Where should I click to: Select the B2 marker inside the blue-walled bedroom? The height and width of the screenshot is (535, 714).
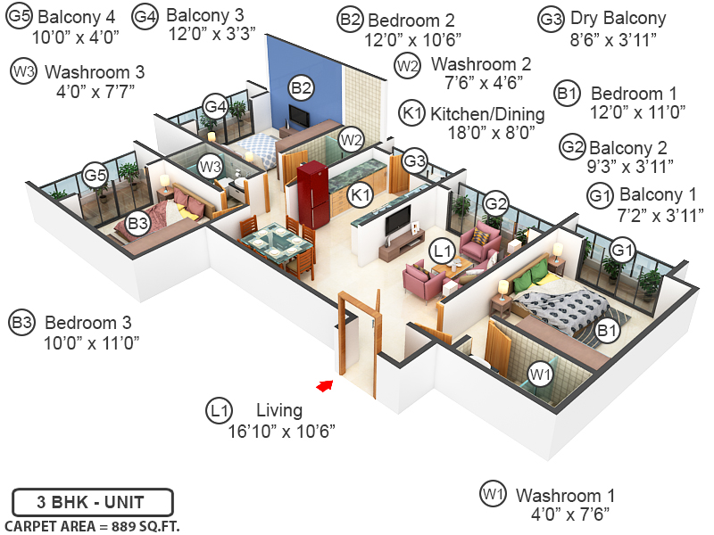[x=301, y=87]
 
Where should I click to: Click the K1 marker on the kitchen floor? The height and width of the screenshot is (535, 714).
[x=361, y=194]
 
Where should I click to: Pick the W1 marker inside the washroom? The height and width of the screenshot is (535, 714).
[x=539, y=375]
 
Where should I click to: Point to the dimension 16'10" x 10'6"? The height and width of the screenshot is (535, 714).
[x=280, y=432]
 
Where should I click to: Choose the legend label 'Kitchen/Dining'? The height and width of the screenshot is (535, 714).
[x=486, y=114]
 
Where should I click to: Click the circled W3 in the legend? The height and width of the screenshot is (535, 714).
[x=24, y=72]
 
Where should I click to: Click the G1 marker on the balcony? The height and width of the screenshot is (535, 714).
[x=623, y=249]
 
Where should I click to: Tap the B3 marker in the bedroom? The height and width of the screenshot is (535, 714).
[x=137, y=225]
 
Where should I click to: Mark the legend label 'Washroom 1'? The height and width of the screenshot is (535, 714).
[x=566, y=496]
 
